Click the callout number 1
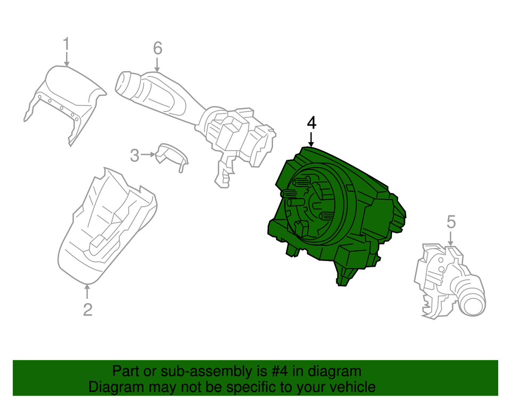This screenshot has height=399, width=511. (66, 44)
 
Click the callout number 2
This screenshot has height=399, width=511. (87, 309)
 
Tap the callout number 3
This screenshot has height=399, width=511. (135, 156)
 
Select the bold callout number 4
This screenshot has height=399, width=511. (311, 123)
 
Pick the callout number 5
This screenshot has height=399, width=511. (451, 221)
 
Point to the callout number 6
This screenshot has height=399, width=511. (157, 48)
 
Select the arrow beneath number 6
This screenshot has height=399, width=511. (157, 65)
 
